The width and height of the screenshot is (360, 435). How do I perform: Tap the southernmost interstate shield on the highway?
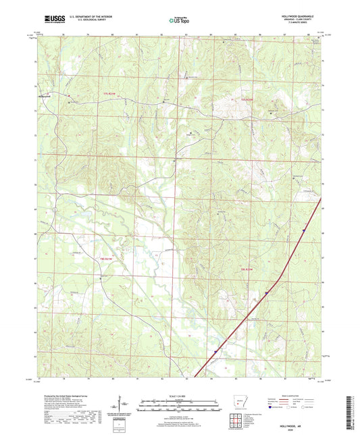click(215, 351)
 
